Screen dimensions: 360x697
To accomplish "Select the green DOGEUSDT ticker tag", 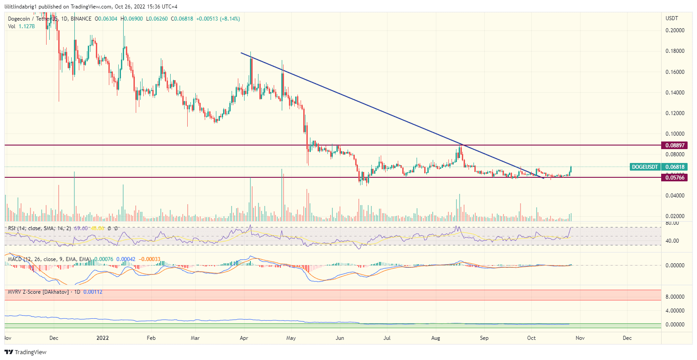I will (645, 167).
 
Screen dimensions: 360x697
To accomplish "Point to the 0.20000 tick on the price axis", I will (674, 30).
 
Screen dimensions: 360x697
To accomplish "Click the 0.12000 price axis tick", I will (674, 113).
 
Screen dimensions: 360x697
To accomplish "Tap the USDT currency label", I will (672, 18).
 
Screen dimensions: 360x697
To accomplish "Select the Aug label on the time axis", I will (436, 338).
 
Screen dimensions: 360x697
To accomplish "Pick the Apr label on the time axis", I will (245, 338).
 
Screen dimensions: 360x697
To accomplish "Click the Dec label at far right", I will (627, 338).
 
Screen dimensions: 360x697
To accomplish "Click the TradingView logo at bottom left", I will (26, 352).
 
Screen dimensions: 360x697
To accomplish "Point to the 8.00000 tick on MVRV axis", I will (674, 296).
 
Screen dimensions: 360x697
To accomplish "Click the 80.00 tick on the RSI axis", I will (671, 223).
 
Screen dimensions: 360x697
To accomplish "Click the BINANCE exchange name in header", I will (81, 19).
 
